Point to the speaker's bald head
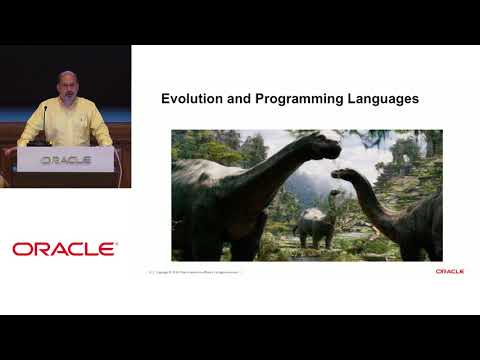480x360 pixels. (x=65, y=79)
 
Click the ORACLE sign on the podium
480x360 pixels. (x=65, y=160)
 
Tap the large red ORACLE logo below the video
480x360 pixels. (x=65, y=249)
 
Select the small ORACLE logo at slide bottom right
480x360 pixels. (x=449, y=271)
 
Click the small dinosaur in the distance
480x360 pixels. (x=314, y=228)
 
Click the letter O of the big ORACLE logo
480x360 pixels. (x=21, y=249)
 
